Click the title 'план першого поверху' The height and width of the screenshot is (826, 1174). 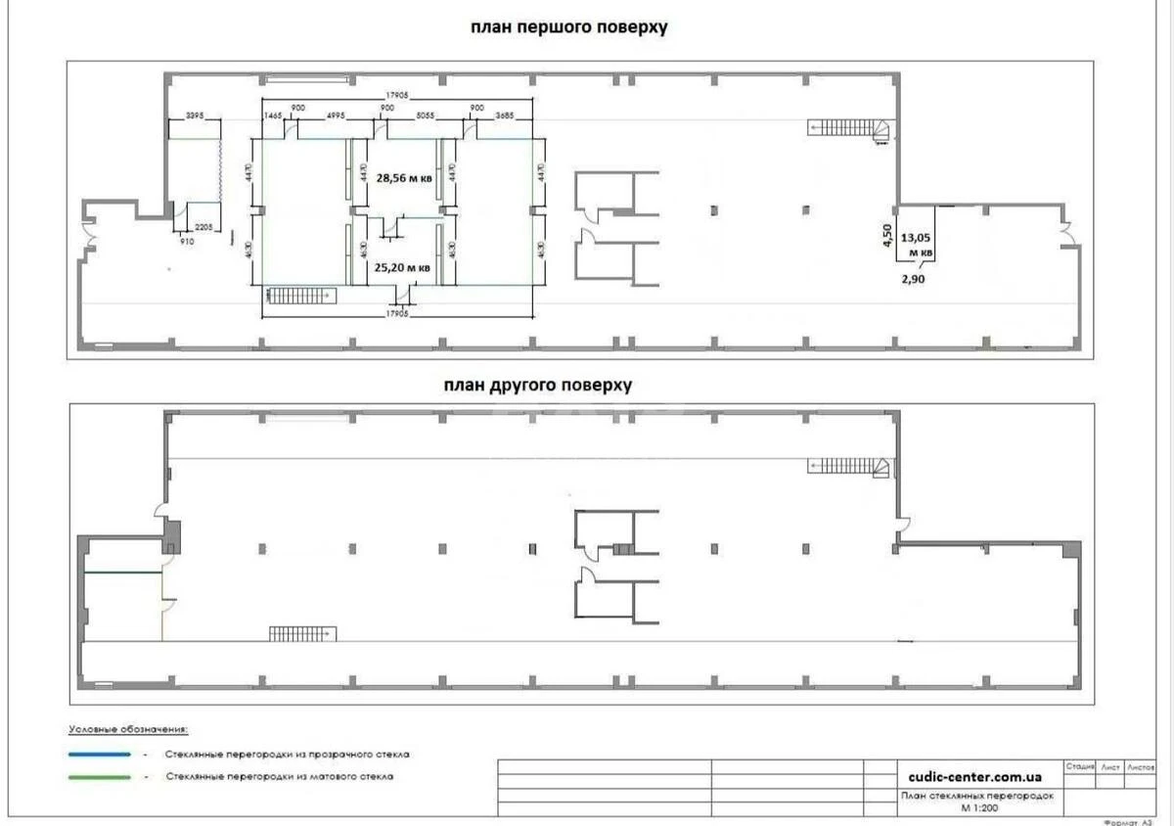point(568,27)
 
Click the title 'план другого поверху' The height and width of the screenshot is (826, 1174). point(537,386)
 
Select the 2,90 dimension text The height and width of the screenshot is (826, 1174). point(913,279)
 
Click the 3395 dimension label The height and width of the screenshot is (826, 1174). point(194,115)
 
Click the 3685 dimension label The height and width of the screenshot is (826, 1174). point(503,115)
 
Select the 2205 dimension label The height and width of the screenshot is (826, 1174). point(204,227)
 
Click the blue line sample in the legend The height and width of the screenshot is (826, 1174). point(100,755)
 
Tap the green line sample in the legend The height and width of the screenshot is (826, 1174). point(100,777)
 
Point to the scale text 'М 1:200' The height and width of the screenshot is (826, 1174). point(978,808)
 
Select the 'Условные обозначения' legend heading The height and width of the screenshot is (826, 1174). point(128,730)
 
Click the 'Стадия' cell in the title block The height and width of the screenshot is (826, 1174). point(1080,767)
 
